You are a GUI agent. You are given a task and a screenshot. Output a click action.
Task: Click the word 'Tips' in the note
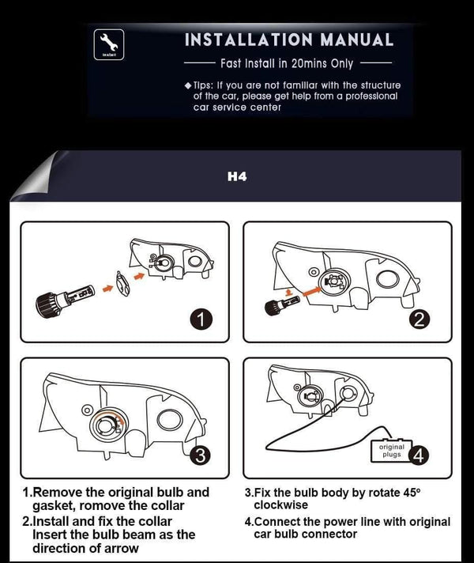point(205,85)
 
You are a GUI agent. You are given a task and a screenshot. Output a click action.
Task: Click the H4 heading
point(237,176)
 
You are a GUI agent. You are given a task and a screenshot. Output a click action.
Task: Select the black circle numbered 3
point(202,455)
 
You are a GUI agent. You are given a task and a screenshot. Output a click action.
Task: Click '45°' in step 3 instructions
point(408,492)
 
